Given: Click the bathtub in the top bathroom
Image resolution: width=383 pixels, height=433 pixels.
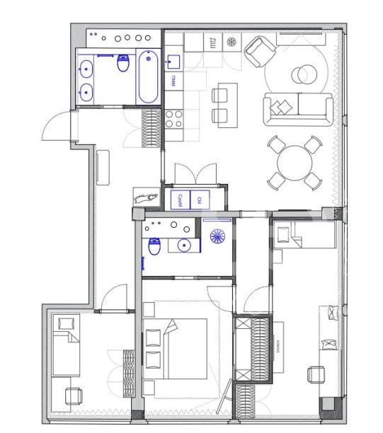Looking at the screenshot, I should pos(148,77).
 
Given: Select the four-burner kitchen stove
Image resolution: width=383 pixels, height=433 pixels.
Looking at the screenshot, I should pos(174,117).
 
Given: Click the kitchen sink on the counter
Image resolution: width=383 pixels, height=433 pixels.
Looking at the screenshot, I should pos(173,63).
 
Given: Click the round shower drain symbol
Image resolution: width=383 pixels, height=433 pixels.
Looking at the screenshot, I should pos(218,237).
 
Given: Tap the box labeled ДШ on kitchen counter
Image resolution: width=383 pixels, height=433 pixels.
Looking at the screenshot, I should pos(210,42).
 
